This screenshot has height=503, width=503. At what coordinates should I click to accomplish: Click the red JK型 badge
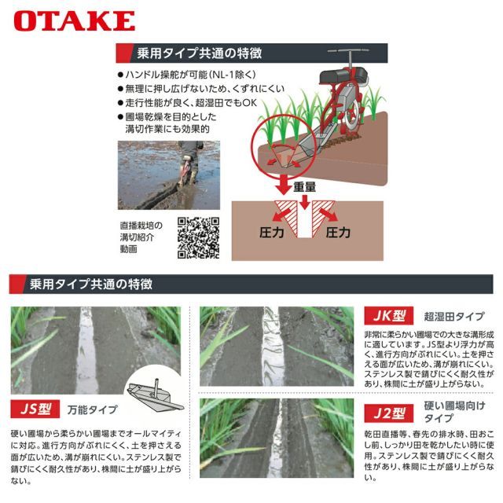389,317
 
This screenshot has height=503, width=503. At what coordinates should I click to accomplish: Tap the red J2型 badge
389,413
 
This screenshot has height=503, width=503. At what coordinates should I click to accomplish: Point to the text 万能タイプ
92,410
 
